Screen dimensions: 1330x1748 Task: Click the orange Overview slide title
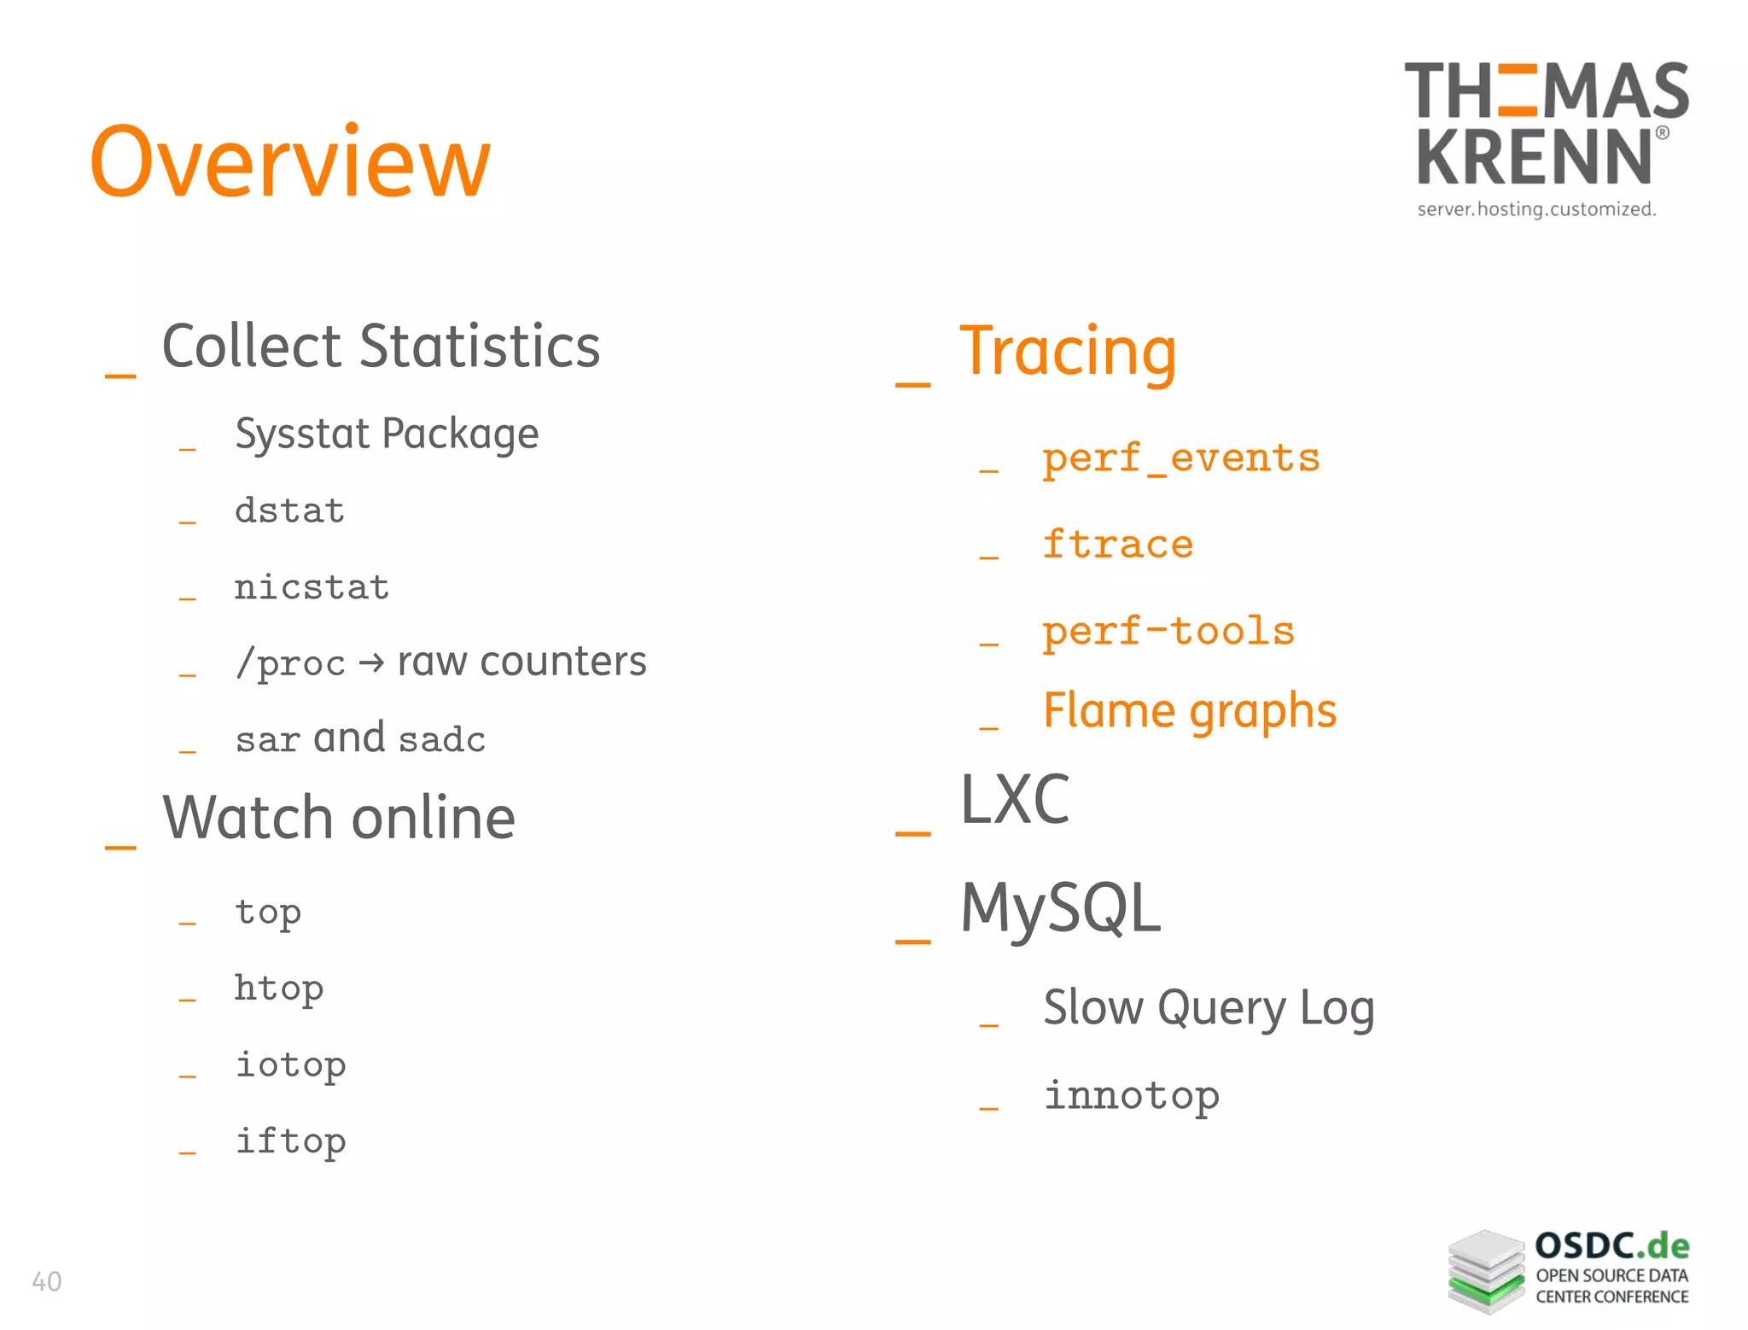pyautogui.click(x=290, y=162)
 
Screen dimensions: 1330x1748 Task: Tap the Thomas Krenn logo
pyautogui.click(x=1545, y=137)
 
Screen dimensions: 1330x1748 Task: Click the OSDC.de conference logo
pyautogui.click(x=1569, y=1271)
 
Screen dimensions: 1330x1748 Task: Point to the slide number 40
pyautogui.click(x=46, y=1281)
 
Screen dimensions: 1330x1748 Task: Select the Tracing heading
pyautogui.click(x=1068, y=352)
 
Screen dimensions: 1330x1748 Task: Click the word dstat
pyautogui.click(x=289, y=510)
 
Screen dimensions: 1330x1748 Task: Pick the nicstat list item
pyautogui.click(x=312, y=587)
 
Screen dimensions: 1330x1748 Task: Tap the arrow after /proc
pyautogui.click(x=371, y=663)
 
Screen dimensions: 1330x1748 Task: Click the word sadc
pyautogui.click(x=442, y=739)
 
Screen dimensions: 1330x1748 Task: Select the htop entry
pyautogui.click(x=279, y=989)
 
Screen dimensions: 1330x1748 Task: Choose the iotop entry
pyautogui.click(x=290, y=1065)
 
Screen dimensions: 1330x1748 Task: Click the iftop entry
pyautogui.click(x=290, y=1142)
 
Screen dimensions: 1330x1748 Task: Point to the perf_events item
pyautogui.click(x=1180, y=459)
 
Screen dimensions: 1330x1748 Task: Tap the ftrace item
pyautogui.click(x=1117, y=545)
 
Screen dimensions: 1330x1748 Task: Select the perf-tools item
pyautogui.click(x=1168, y=632)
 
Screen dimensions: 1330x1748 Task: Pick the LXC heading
pyautogui.click(x=1015, y=800)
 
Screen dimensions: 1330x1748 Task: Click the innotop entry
pyautogui.click(x=1132, y=1096)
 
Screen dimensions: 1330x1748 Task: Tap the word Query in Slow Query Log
pyautogui.click(x=1221, y=1008)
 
